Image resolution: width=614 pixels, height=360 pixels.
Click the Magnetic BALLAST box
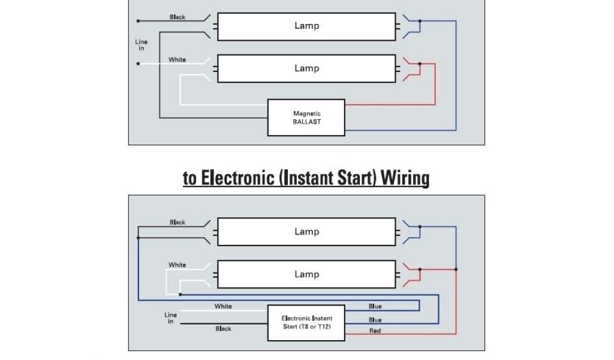[306, 118]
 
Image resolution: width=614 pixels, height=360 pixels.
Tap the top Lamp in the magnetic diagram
[306, 26]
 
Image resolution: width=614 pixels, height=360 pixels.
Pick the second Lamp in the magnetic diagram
[306, 68]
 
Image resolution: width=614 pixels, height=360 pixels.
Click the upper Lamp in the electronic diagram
[306, 232]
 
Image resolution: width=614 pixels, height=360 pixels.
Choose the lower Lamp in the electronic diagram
[306, 274]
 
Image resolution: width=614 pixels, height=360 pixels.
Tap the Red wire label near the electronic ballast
[375, 331]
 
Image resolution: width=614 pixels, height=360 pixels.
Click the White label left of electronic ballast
[223, 307]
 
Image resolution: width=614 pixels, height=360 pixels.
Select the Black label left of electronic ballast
[223, 329]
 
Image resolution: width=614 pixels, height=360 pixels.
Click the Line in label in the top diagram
[142, 45]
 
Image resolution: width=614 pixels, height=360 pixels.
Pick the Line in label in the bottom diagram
[171, 318]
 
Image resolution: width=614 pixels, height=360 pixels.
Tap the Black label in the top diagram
[177, 17]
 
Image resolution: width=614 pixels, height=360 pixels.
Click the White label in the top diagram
[177, 60]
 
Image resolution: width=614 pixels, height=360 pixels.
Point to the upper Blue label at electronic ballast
[375, 307]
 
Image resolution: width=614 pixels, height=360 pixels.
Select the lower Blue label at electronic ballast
[375, 320]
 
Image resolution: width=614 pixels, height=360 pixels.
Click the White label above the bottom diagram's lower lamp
[177, 265]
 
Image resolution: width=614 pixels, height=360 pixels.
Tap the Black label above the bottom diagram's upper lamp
[177, 223]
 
